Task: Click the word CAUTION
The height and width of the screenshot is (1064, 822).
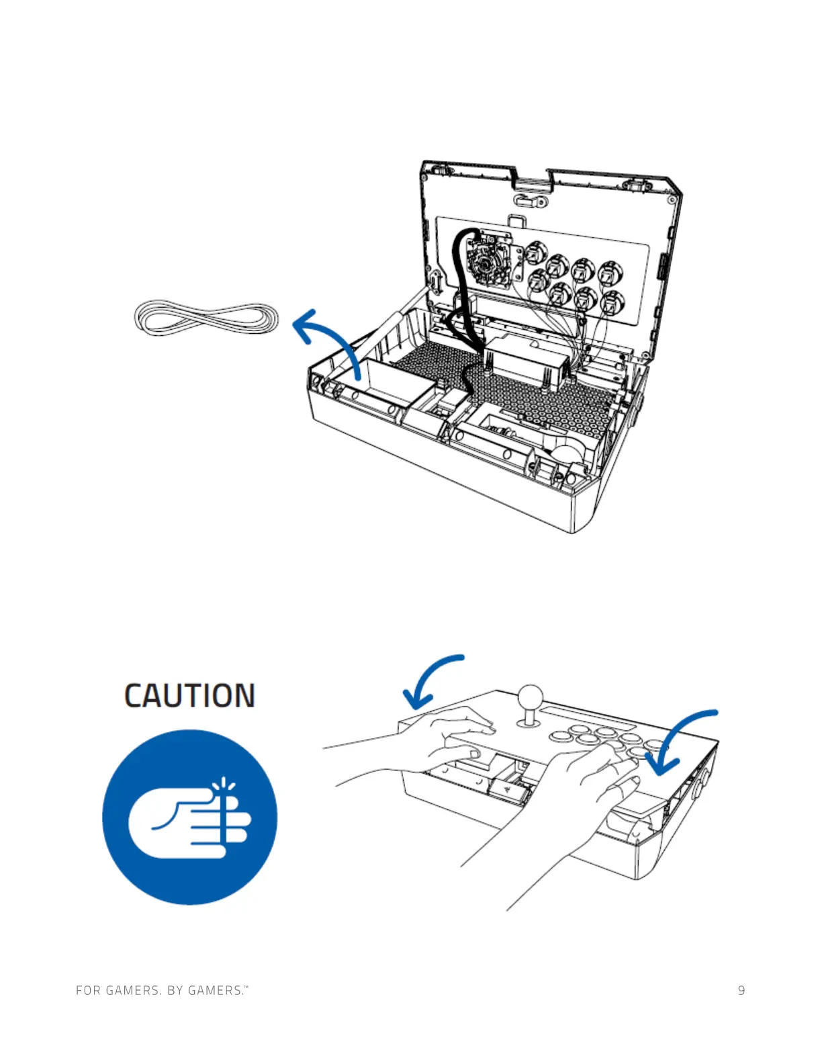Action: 189,696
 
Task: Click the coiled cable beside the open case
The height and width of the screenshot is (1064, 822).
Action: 206,318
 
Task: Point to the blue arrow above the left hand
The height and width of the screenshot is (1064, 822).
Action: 430,679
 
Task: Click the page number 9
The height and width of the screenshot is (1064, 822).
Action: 741,990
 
